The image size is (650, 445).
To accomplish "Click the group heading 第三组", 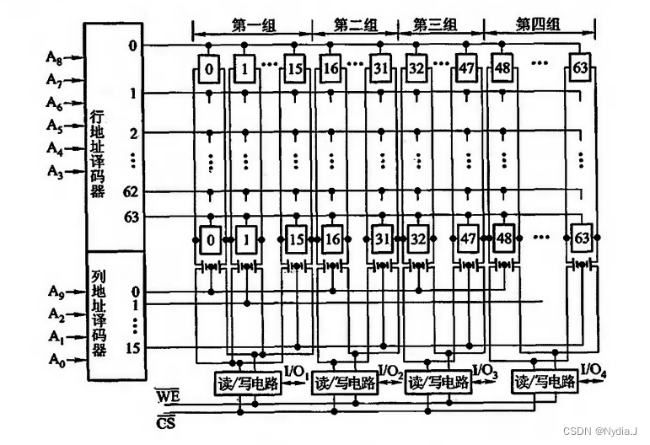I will [x=434, y=27].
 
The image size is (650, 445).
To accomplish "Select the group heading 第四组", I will [x=536, y=27].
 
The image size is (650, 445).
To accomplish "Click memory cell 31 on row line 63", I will [x=379, y=240].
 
